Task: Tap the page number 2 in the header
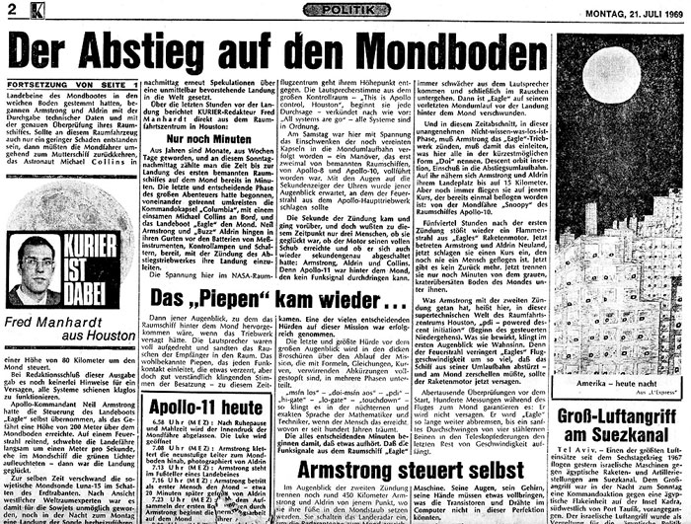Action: point(11,11)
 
